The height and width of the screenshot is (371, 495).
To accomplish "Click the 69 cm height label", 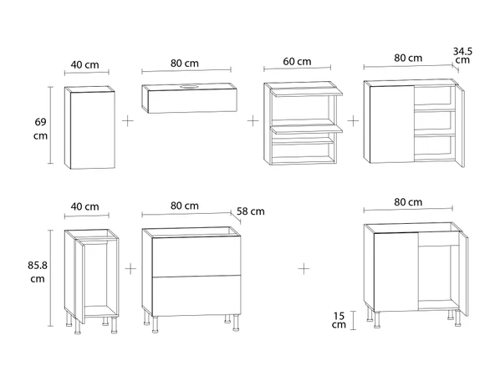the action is coord(41,129).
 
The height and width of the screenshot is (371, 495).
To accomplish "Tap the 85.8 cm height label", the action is coord(38,272).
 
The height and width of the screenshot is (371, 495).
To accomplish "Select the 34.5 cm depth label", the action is coord(462,55).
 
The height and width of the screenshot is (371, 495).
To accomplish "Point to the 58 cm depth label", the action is coord(251,211).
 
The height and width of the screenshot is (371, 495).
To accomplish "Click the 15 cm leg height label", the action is coord(339,320).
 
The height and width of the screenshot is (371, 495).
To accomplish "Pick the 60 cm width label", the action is coord(297,61).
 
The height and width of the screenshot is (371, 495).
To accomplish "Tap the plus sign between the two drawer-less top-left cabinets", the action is coord(128,121).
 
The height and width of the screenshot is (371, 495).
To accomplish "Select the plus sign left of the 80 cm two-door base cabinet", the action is coord(304,269).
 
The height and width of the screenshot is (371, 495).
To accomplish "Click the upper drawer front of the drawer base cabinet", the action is coord(196,257).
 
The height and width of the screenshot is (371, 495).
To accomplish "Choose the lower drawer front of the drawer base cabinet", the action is coord(196,295).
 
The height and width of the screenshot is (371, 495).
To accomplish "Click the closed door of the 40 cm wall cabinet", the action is coord(93,130).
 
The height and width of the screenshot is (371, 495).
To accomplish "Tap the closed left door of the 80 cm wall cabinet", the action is coord(392,125).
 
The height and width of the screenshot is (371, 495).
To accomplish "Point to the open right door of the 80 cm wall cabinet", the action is coord(461,125).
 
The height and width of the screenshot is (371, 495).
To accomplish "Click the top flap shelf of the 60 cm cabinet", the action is coord(306,92).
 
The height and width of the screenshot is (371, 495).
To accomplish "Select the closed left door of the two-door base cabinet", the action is coord(396,272).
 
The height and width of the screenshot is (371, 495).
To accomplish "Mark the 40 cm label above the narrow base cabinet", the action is coord(85,206).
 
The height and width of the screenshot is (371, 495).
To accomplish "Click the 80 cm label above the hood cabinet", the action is coord(185,64).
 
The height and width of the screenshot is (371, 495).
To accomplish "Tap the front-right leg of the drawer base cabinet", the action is coord(236,323).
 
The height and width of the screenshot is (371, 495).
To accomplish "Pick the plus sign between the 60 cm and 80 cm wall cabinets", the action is coord(353,121).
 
